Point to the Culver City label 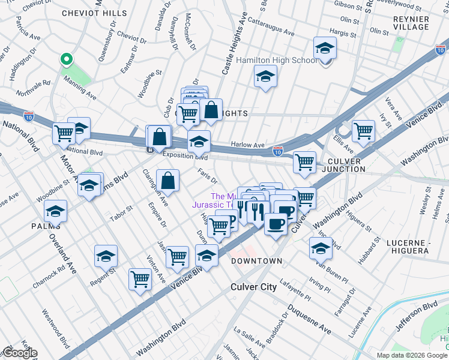[x=254, y=287]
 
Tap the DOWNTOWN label [x=256, y=261]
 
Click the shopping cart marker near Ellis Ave [x=363, y=130]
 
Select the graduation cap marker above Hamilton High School [x=325, y=48]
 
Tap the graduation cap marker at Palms [x=55, y=211]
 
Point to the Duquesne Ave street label [x=309, y=319]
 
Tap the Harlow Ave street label [x=248, y=145]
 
